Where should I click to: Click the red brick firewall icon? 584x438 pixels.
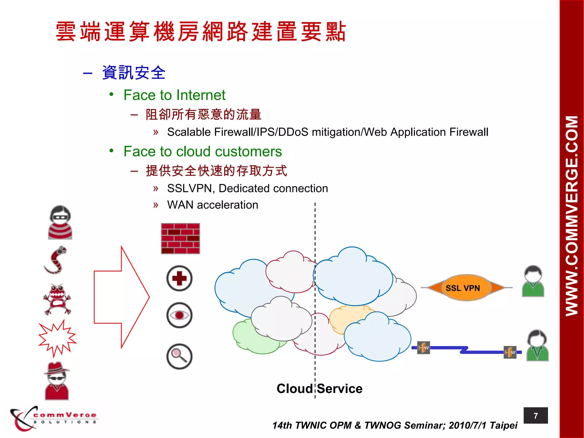[x=180, y=238]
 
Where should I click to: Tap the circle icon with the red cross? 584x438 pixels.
[x=179, y=278]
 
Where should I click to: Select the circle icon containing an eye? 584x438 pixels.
[x=179, y=315]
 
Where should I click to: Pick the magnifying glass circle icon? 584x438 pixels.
[x=179, y=356]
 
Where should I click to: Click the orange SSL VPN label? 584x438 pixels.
[x=463, y=288]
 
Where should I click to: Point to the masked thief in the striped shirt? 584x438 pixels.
[x=60, y=222]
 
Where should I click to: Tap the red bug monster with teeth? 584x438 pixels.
[x=57, y=299]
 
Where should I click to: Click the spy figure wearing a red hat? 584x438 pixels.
[x=57, y=381]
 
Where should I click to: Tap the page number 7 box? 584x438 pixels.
[x=536, y=416]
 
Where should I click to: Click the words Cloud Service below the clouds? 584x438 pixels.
[x=319, y=389]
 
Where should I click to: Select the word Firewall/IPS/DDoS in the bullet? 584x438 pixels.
[x=261, y=132]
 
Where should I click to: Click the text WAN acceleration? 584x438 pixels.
[x=212, y=205]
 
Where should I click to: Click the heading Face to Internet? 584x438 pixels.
[x=174, y=95]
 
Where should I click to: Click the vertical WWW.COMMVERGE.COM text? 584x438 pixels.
[x=571, y=216]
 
